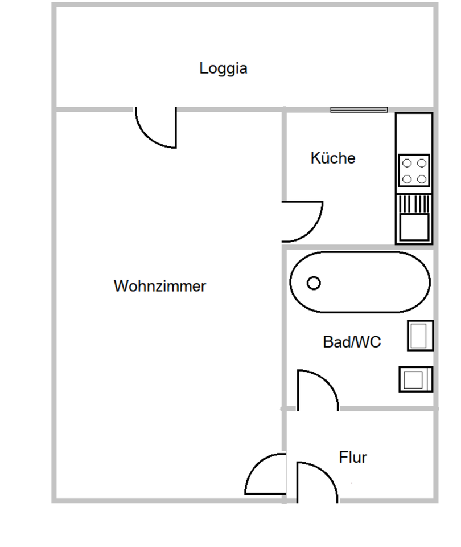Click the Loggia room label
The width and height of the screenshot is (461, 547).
[223, 68]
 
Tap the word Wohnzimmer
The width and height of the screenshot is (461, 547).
[160, 286]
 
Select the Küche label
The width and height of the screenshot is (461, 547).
[333, 158]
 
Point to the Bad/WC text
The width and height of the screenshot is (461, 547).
[352, 342]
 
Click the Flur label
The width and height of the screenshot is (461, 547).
[353, 457]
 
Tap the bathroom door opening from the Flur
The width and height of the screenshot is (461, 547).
[316, 390]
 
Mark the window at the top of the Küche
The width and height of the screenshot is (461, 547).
[359, 109]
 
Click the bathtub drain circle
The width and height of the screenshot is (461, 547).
[314, 283]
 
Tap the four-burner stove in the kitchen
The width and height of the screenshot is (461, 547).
[414, 171]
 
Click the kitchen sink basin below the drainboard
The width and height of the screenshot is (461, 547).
[414, 227]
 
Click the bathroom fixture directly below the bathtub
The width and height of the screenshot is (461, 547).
[420, 336]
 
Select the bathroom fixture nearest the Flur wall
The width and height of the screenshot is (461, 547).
[416, 379]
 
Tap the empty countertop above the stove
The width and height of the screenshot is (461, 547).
[414, 133]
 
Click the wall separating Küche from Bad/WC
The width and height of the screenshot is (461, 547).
[359, 247]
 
